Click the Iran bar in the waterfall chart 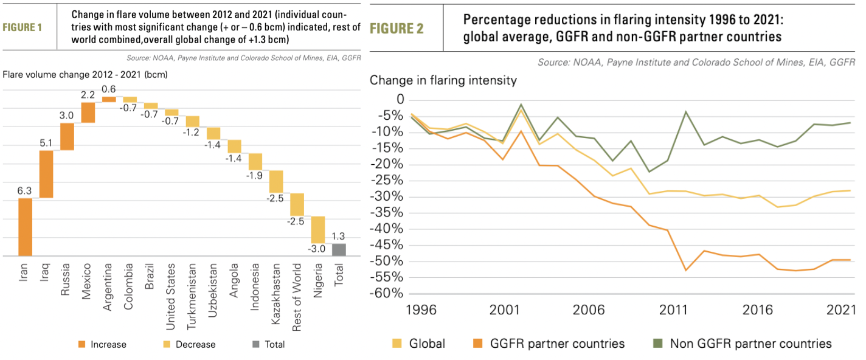[x=25, y=227]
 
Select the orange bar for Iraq [x=46, y=174]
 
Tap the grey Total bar [x=339, y=250]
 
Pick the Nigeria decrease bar [x=318, y=230]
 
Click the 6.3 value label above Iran [x=25, y=191]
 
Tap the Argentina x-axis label [x=109, y=286]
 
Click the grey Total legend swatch [x=256, y=344]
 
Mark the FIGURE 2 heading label [x=397, y=28]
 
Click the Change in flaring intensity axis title [x=443, y=80]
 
